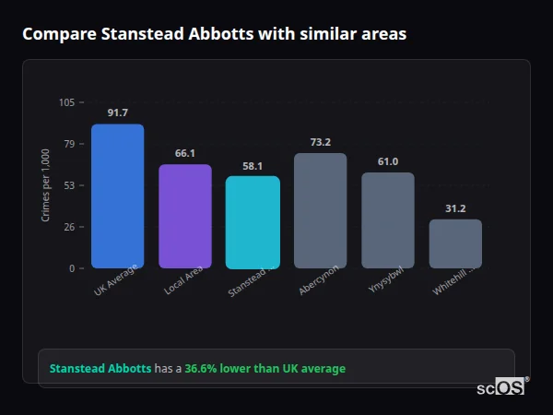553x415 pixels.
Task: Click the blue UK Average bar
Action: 117,196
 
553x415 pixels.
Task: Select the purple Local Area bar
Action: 184,216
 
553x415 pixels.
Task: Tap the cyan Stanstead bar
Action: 253,221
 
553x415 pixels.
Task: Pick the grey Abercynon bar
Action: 320,210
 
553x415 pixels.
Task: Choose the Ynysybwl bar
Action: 387,219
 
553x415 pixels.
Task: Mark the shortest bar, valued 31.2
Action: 455,243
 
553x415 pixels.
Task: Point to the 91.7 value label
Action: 117,113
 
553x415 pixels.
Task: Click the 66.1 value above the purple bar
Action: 184,153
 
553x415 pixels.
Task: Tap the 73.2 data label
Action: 320,142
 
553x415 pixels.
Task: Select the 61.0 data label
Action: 387,161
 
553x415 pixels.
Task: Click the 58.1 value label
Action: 253,166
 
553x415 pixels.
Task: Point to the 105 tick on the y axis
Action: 66,102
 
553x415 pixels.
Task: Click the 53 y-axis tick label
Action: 69,185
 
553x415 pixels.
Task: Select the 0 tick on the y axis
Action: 72,268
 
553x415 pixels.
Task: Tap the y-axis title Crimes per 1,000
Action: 46,185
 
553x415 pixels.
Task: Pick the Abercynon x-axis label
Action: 318,280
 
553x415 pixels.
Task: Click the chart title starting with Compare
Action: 214,34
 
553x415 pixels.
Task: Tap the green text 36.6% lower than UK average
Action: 265,369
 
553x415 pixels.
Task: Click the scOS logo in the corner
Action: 500,387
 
